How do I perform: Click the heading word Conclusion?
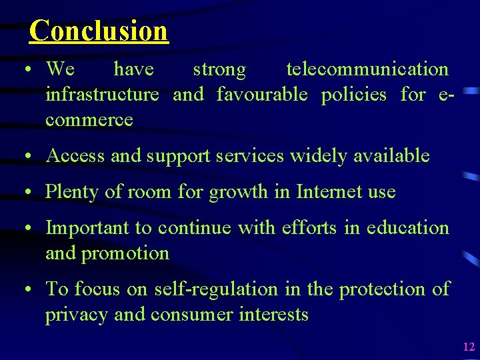[99, 30]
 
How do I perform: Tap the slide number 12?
[468, 346]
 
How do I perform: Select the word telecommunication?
[367, 69]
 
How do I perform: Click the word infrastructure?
[102, 95]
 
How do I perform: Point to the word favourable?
[262, 95]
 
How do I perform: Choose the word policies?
[353, 95]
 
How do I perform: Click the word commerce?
[89, 121]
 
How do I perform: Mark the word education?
[407, 228]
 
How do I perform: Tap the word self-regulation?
[215, 289]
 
